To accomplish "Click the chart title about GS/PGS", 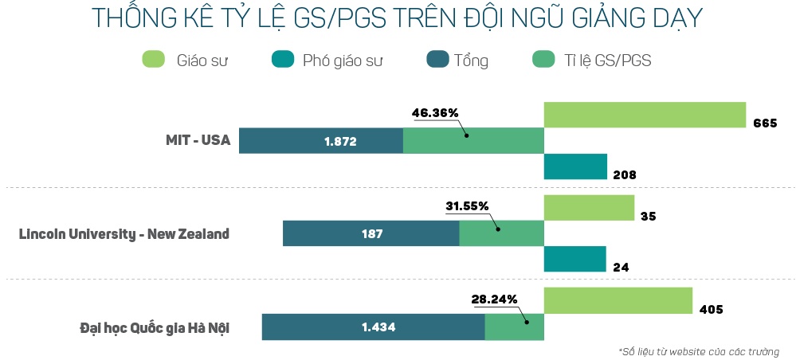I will coord(398,19).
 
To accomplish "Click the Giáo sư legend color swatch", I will coord(153,60).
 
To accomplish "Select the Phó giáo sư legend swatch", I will coord(283,60).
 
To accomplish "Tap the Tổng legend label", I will coord(471,61).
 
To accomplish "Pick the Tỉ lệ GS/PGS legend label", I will coord(610,61).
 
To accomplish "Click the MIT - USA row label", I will coord(194,141).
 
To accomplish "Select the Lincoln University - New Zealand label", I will coord(124,234).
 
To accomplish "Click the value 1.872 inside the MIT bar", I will coord(340,141).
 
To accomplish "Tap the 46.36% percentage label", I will coord(435,113).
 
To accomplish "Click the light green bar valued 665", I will coord(644,115).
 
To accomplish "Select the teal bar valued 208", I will coord(575,166).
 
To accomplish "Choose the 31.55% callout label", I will coord(467,206).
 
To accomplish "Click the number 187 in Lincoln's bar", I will coord(371,234).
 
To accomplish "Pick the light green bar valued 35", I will coord(589,208).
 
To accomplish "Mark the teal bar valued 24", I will coord(574,260).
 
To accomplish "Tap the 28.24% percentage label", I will coord(494,299).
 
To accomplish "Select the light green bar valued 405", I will coord(618,301).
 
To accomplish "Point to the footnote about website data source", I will coord(698,351).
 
